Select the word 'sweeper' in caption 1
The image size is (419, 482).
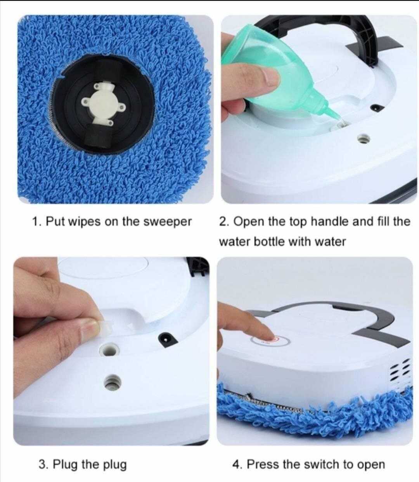tap(168, 222)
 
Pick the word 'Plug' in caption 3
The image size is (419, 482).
tap(65, 464)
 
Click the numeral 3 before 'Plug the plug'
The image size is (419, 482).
tap(42, 464)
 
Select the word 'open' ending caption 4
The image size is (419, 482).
tap(371, 465)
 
